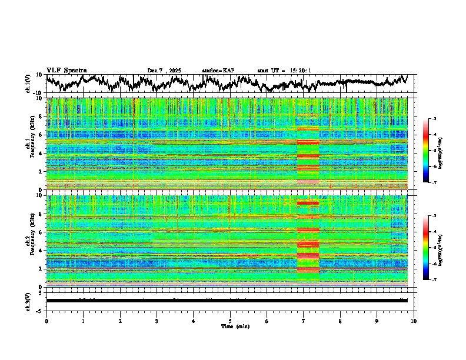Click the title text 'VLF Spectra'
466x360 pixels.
pyautogui.click(x=66, y=71)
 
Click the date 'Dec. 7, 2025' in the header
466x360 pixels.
pyautogui.click(x=164, y=71)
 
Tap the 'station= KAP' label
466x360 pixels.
pyautogui.click(x=218, y=71)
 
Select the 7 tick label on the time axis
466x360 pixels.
pyautogui.click(x=304, y=321)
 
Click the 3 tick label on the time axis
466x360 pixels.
pyautogui.click(x=157, y=321)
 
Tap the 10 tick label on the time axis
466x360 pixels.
pyautogui.click(x=414, y=321)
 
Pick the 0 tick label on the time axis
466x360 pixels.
pyautogui.click(x=46, y=321)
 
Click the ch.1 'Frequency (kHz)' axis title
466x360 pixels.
pyautogui.click(x=31, y=144)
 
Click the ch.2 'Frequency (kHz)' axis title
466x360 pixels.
pyautogui.click(x=31, y=241)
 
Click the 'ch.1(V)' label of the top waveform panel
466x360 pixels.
pyautogui.click(x=29, y=84)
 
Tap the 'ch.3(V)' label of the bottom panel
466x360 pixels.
pyautogui.click(x=29, y=300)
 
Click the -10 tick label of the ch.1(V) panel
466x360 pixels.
pyautogui.click(x=38, y=93)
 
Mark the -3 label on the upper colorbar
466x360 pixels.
pyautogui.click(x=434, y=119)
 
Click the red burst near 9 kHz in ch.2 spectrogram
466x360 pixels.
pyautogui.click(x=308, y=204)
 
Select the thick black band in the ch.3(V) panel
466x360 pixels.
pyautogui.click(x=227, y=301)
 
